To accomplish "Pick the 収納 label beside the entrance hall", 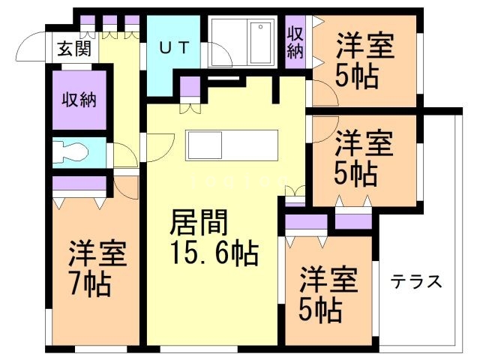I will (x=81, y=98).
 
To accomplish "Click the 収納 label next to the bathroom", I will (x=295, y=42).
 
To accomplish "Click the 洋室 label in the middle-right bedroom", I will (x=364, y=142).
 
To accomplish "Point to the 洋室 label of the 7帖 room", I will (x=98, y=253).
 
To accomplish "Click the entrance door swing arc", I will (x=28, y=46).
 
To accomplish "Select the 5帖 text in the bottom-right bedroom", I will (x=323, y=307).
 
